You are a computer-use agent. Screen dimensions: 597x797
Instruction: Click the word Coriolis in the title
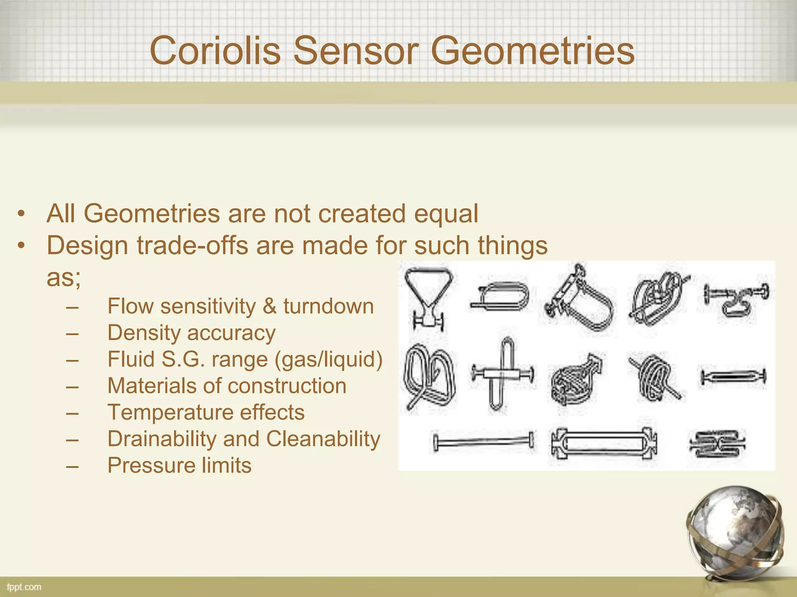pos(215,51)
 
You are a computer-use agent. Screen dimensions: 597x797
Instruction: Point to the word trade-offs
pos(192,246)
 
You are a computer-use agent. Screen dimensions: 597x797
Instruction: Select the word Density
pos(142,333)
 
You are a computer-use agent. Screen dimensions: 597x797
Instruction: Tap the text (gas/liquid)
pos(328,359)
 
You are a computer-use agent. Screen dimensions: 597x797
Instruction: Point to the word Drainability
pos(162,439)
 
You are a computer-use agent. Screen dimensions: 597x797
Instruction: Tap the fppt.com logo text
pos(24,587)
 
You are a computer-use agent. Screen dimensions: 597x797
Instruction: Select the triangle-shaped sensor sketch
pos(428,297)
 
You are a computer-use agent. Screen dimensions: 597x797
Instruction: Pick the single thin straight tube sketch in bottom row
pos(483,442)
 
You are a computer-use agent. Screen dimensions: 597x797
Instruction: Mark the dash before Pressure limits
pos(72,466)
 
